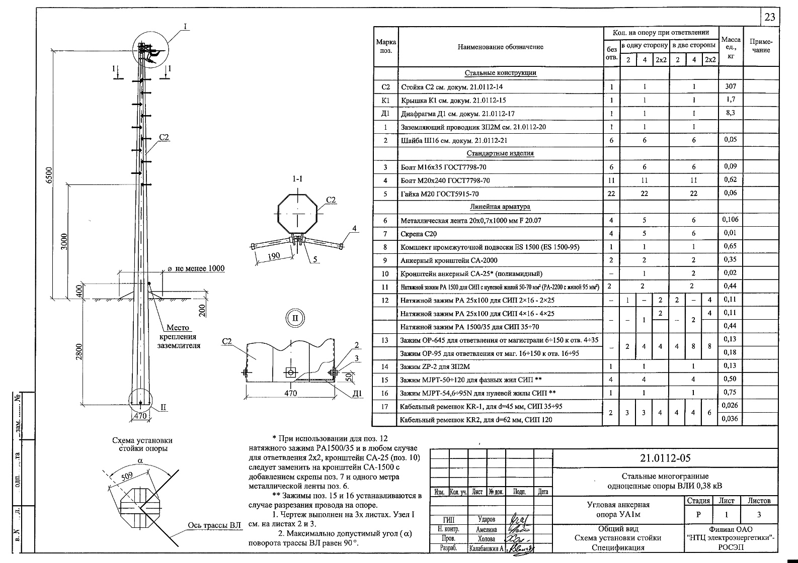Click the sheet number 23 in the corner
(770, 17)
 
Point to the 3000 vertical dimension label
(64, 242)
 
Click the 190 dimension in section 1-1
(274, 256)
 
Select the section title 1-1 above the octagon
(297, 179)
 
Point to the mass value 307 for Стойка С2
(730, 86)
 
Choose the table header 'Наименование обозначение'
(500, 47)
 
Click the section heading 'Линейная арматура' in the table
(500, 207)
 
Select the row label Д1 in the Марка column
(385, 114)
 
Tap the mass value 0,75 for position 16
(730, 393)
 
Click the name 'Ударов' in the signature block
(486, 519)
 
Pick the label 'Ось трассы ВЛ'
(214, 525)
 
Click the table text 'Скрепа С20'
(419, 234)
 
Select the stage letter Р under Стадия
(698, 515)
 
